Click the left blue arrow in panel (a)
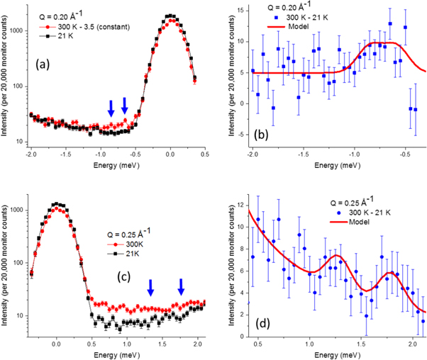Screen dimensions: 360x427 coord(111,107)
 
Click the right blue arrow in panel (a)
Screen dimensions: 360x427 coord(125,106)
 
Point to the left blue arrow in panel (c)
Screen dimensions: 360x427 coord(150,287)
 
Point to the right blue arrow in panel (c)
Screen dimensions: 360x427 coord(182,286)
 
